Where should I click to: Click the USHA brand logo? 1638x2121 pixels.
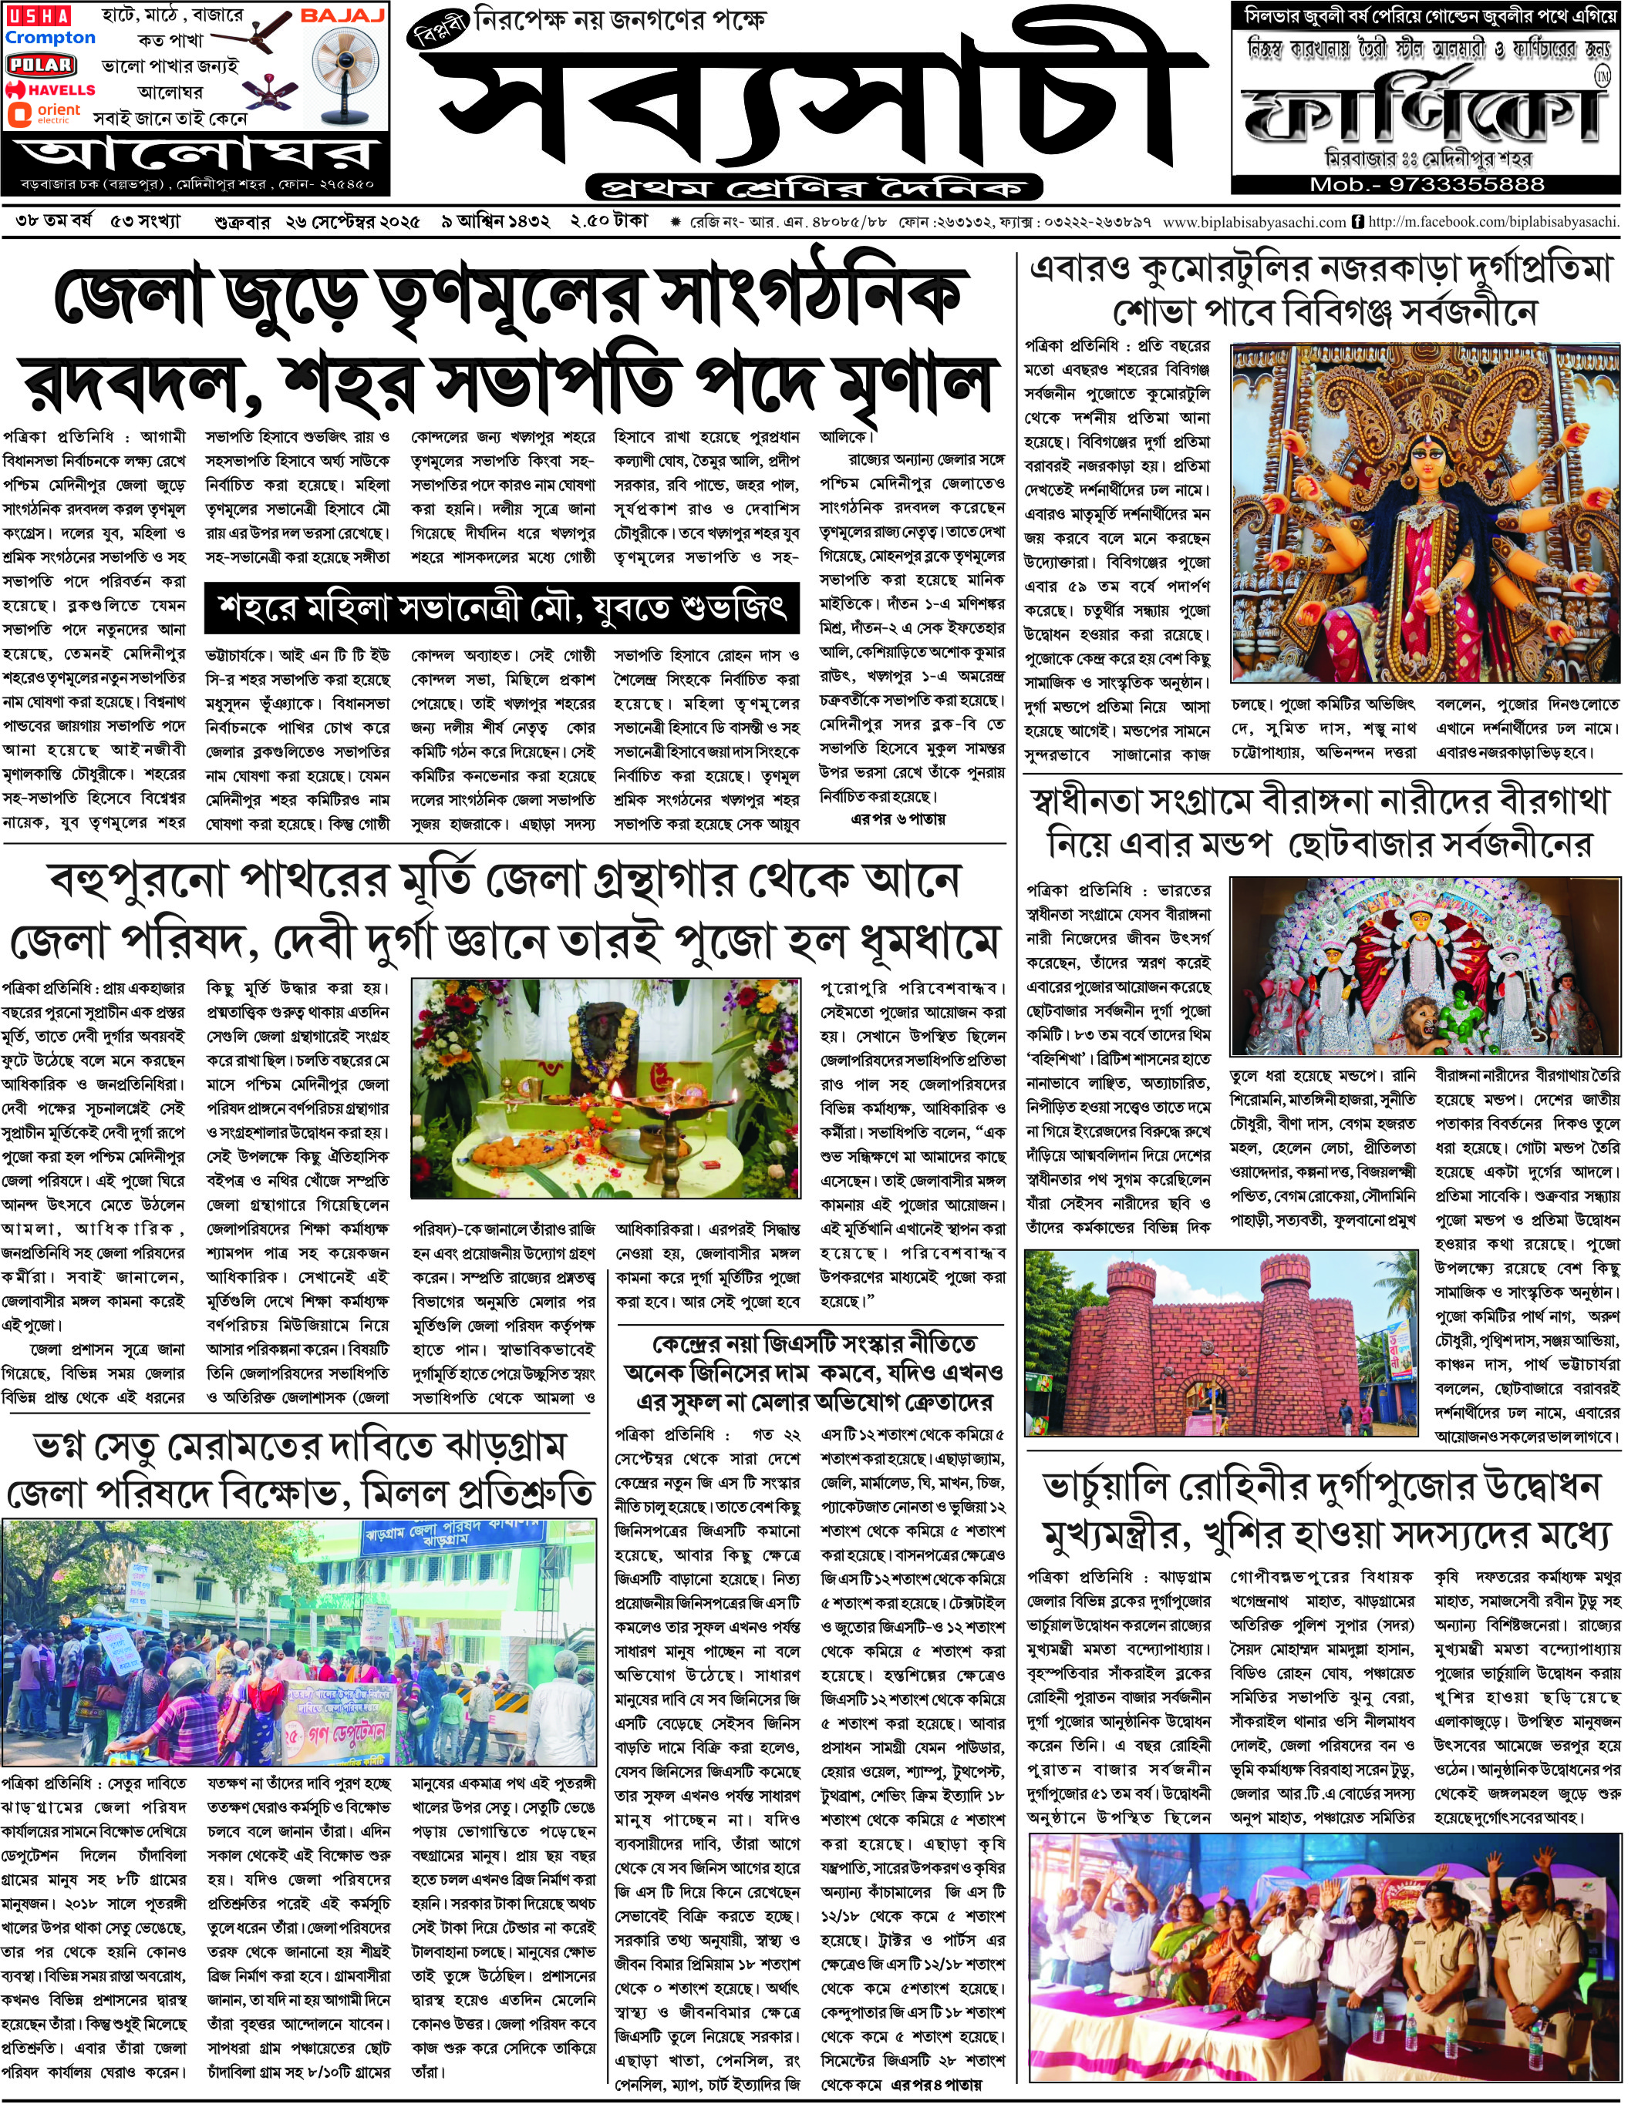(x=38, y=15)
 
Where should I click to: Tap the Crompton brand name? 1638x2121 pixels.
(x=51, y=38)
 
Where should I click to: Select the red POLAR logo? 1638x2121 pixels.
(x=41, y=64)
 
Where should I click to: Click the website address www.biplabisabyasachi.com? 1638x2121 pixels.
(x=1253, y=223)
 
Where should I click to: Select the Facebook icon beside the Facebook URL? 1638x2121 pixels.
(x=1357, y=223)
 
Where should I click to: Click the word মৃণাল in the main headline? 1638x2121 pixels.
(x=912, y=382)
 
